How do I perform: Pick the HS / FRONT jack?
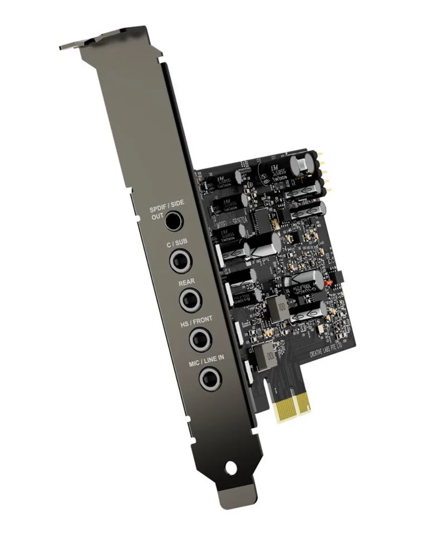pyautogui.click(x=199, y=338)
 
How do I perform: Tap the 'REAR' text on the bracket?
pyautogui.click(x=186, y=283)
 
